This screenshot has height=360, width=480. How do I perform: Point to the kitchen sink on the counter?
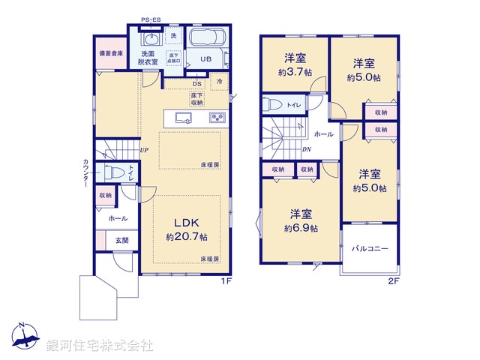(182, 118)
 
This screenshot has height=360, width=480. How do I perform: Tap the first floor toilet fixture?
(114, 172)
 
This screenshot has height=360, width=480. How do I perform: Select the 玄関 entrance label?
(121, 240)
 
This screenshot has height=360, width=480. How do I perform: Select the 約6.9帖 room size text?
(300, 227)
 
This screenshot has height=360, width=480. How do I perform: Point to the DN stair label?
(307, 149)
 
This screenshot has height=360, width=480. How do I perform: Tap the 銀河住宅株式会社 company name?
(99, 345)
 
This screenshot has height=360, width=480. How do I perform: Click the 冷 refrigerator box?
(220, 82)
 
